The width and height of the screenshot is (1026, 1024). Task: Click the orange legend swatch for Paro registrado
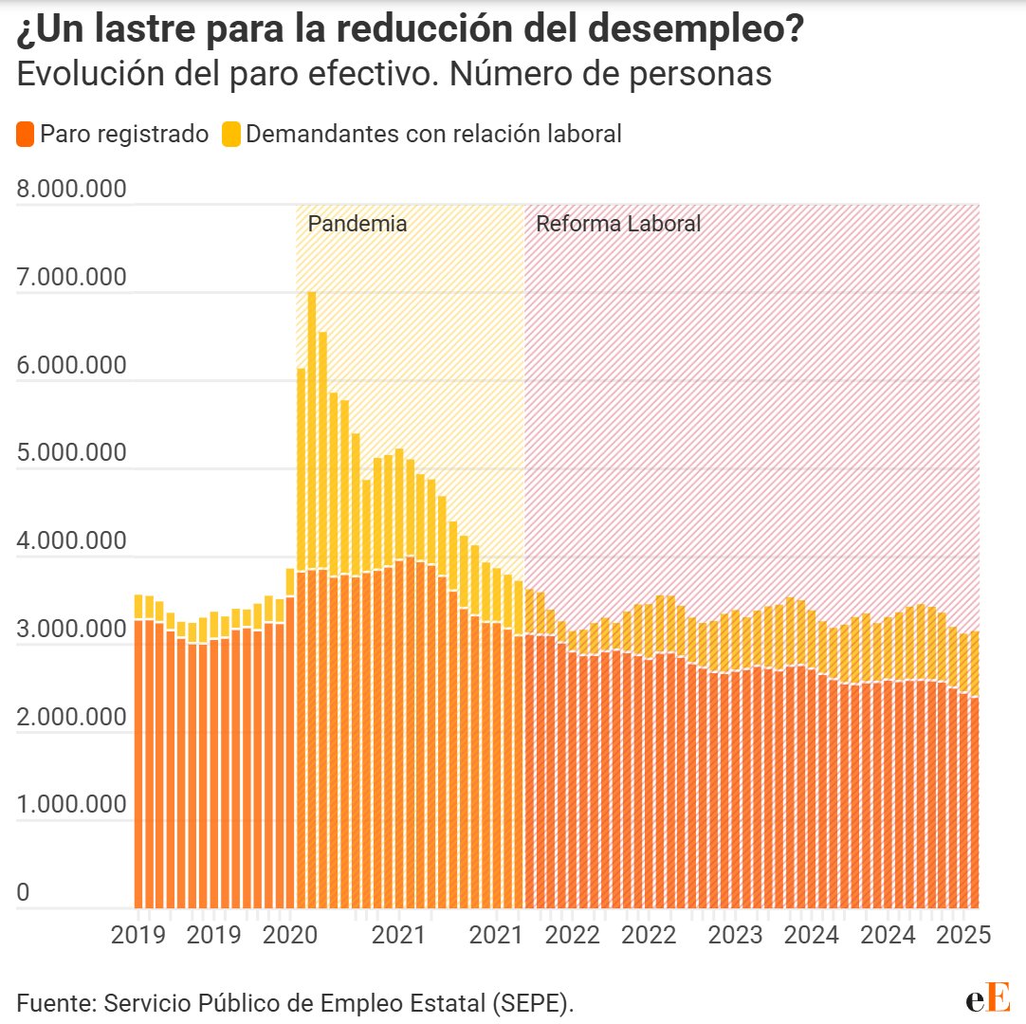(27, 135)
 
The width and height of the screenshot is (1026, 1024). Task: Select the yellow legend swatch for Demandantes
(231, 135)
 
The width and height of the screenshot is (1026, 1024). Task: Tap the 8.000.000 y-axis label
(71, 190)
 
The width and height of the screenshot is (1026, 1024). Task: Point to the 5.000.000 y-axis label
(71, 453)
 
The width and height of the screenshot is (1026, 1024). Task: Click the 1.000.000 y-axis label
(71, 805)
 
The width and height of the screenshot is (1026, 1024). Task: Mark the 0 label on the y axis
(23, 893)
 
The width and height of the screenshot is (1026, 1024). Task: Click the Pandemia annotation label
(357, 225)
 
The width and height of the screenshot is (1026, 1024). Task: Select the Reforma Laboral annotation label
(618, 225)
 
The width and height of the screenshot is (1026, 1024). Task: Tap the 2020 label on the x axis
(289, 935)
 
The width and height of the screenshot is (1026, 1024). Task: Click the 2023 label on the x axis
(736, 935)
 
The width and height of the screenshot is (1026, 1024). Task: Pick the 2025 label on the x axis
(963, 935)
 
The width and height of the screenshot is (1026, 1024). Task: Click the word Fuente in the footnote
(53, 1002)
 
